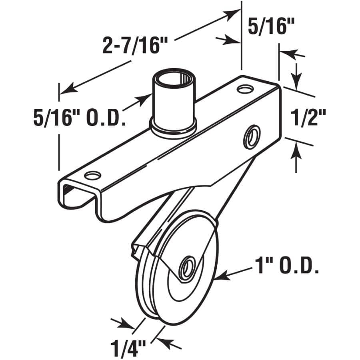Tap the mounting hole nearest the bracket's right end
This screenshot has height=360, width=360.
pyautogui.click(x=244, y=89)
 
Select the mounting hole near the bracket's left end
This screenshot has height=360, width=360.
pyautogui.click(x=92, y=175)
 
